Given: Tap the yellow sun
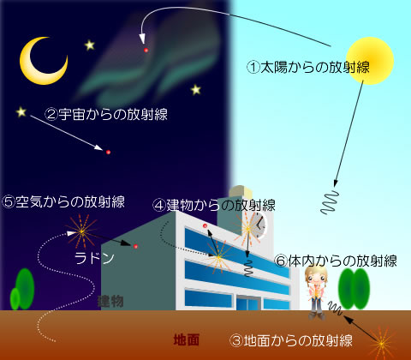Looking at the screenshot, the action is pos(370,61).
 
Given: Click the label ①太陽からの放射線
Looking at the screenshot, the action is pos(308,68).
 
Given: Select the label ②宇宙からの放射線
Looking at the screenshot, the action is pos(106,114).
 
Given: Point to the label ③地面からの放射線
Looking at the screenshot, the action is pos(291,340).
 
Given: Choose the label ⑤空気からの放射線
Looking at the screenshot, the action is pos(63,202).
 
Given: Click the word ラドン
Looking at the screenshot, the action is pos(94,259).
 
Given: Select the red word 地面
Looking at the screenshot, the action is pos(187,340).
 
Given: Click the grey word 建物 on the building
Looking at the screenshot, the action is pos(110,302).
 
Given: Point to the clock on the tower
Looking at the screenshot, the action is pos(259,225).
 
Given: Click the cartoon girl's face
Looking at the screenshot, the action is pos(316,276).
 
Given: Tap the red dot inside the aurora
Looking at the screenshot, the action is pos(146,51).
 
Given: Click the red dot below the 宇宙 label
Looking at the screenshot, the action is pos(108,153).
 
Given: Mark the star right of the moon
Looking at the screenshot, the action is pos(90,45).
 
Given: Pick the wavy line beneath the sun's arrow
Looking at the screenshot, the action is pos(330,202).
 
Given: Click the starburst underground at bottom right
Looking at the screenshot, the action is pos(382,343).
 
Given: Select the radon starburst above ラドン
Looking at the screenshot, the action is pos(81,231).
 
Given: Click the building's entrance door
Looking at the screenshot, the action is pos(248,303).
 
